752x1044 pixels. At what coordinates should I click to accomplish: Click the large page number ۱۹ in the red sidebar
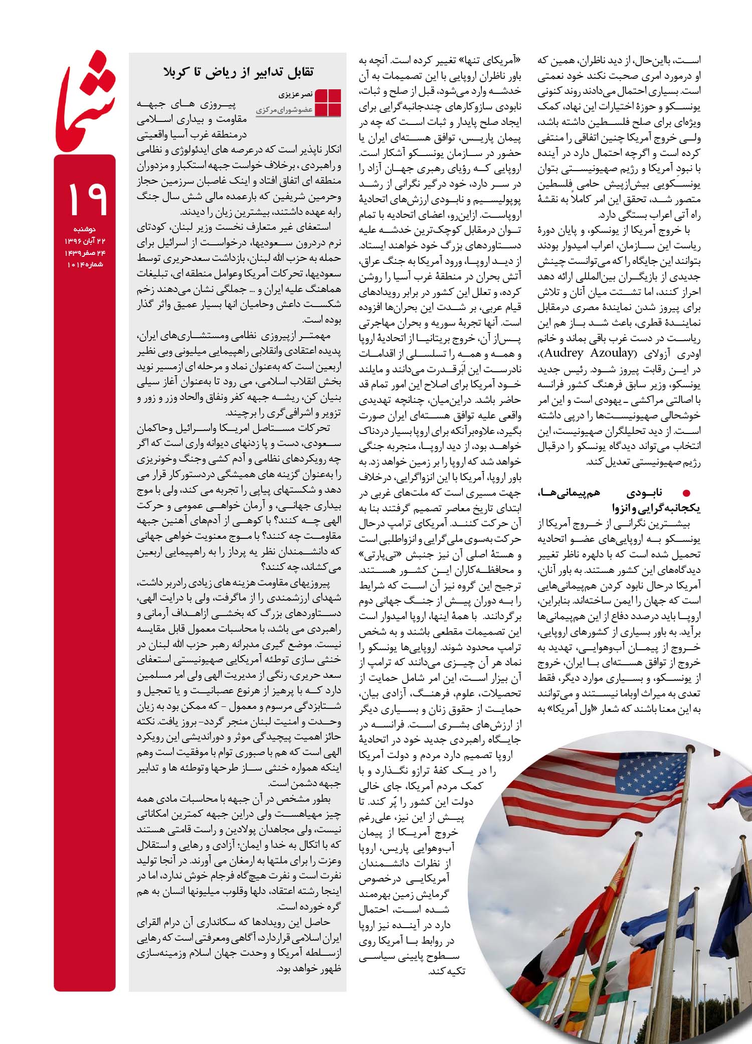tap(86, 197)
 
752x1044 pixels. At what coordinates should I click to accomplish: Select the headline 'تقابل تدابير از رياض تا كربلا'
tap(238, 72)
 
